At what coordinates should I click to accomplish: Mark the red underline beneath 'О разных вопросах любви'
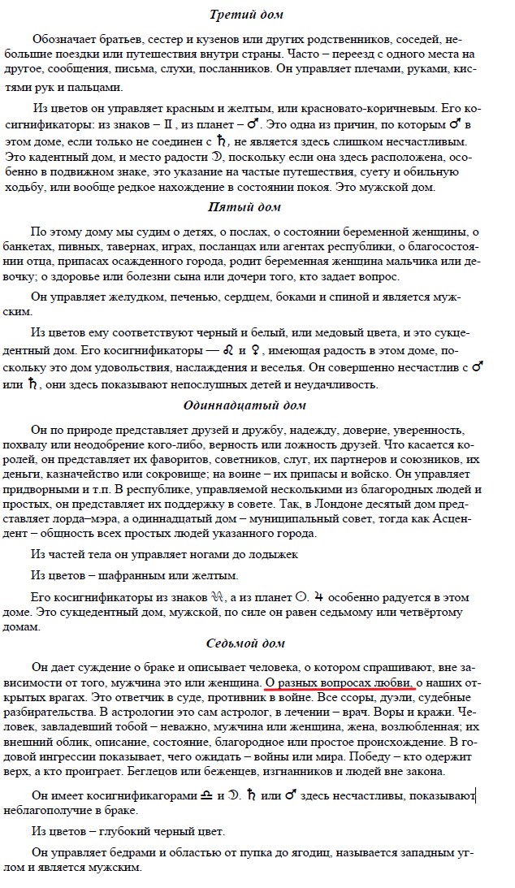pyautogui.click(x=340, y=687)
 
